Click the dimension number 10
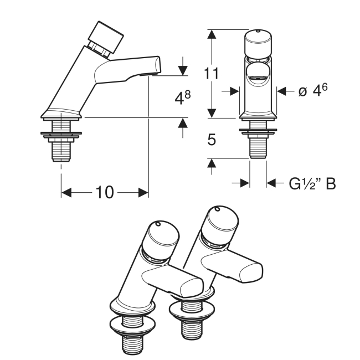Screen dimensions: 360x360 tap(105, 192)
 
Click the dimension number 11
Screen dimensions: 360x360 tap(211, 74)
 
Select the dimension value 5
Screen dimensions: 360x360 tap(212, 140)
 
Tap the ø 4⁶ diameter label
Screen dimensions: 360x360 tap(313, 90)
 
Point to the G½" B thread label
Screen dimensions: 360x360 tap(312, 184)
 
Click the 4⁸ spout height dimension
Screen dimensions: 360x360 tap(183, 98)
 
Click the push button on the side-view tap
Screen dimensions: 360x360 tap(106, 38)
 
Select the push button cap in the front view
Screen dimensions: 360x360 tap(258, 43)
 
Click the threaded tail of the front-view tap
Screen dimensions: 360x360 tap(258, 148)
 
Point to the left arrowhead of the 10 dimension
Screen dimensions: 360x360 tap(66, 192)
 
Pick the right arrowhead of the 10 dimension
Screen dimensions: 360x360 tap(143, 192)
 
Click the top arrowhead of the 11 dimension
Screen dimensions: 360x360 tap(212, 34)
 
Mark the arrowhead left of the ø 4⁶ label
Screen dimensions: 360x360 tap(234, 91)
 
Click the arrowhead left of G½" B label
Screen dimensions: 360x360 tap(245, 183)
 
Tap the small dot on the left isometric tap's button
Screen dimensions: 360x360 tap(158, 224)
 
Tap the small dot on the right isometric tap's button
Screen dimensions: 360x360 tap(217, 209)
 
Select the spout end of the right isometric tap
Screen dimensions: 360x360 tap(251, 273)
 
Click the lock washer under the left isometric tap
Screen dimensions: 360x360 tap(133, 325)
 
